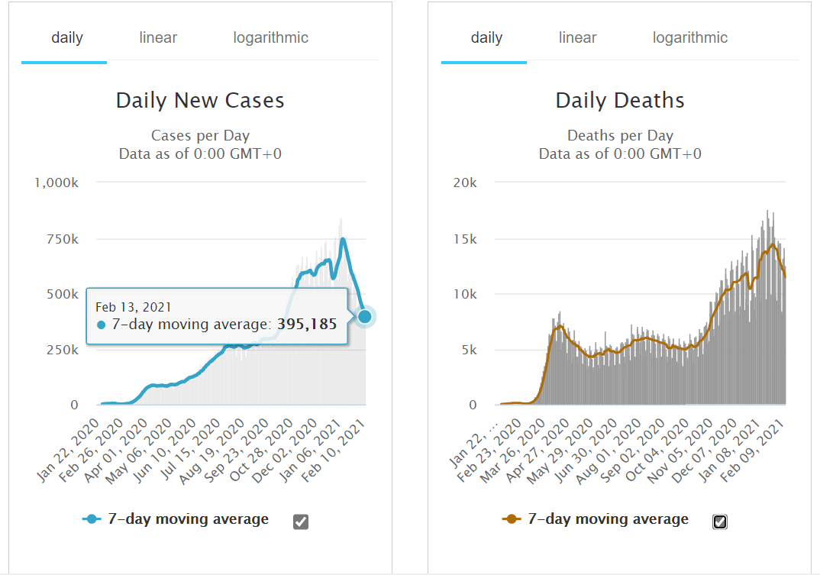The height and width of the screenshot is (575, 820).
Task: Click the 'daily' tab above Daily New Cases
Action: [x=67, y=37]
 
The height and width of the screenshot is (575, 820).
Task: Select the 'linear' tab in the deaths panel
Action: [x=577, y=37]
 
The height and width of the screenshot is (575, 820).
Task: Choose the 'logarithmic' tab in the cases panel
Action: [x=270, y=37]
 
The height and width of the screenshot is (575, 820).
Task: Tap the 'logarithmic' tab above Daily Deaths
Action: [x=689, y=37]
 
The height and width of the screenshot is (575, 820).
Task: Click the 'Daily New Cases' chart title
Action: [x=200, y=100]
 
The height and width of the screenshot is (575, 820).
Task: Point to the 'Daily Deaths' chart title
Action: [x=620, y=100]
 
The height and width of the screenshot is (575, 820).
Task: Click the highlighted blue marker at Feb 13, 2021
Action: [x=365, y=316]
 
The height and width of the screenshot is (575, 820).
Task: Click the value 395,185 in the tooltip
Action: [x=306, y=325]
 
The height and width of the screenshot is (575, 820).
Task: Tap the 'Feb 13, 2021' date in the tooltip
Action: [x=128, y=307]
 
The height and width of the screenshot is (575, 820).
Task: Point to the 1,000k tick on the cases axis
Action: [x=56, y=183]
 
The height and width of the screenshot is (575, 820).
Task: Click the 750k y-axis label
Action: [x=63, y=239]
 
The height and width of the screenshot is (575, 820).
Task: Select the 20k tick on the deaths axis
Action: [x=465, y=183]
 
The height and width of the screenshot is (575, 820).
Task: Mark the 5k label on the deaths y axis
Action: [x=468, y=350]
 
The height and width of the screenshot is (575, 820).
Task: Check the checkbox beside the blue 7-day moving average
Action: [x=301, y=522]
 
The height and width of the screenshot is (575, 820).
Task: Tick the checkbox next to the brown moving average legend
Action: [x=720, y=522]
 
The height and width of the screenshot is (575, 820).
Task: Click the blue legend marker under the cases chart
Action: [x=92, y=519]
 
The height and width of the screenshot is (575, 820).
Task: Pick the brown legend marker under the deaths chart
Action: [x=512, y=519]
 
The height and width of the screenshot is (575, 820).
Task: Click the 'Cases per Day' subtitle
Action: [x=200, y=136]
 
